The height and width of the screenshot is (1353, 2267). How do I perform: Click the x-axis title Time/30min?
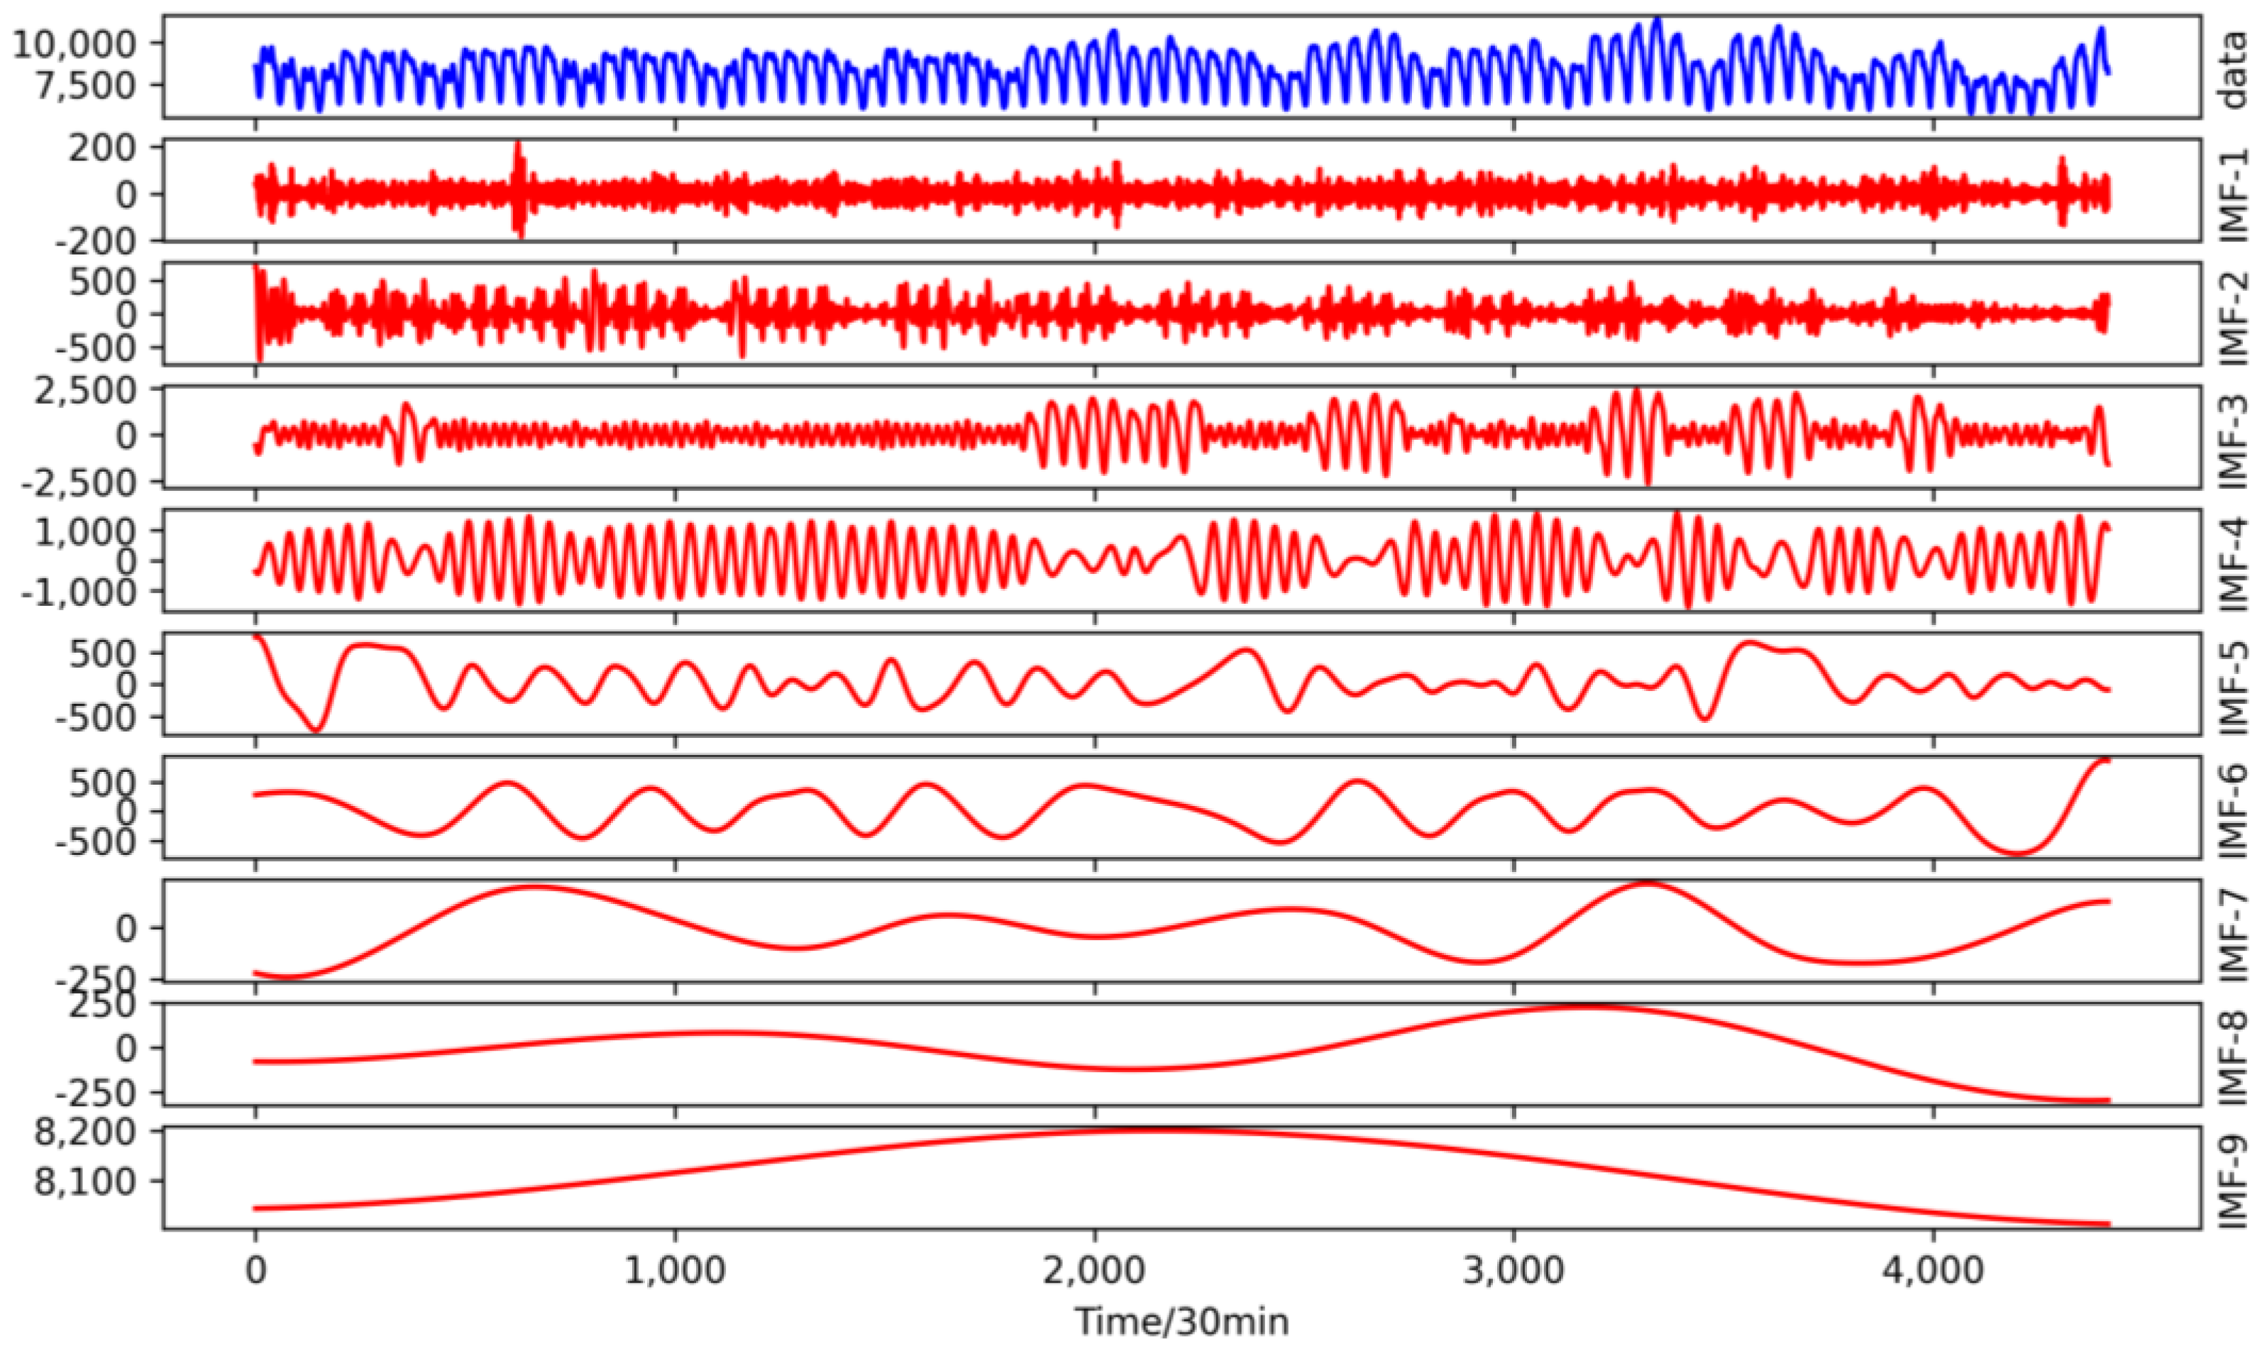(x=1181, y=1320)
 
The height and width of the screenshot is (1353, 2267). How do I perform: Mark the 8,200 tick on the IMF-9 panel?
(x=99, y=1132)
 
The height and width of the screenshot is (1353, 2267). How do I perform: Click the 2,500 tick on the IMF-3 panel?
(x=99, y=390)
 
